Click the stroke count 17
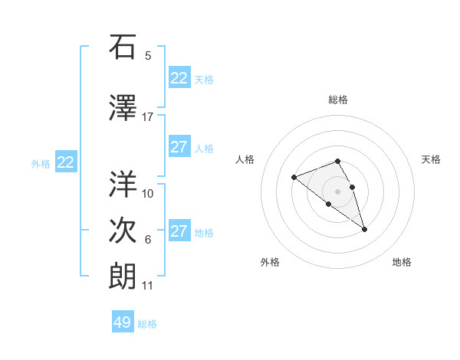tap(148, 117)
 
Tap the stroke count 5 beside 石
tap(148, 56)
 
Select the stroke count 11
tap(148, 286)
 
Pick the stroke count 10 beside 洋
tap(148, 193)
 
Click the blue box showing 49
tap(123, 322)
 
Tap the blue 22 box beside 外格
tap(66, 162)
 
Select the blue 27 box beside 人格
tap(179, 147)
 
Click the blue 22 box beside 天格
tap(179, 78)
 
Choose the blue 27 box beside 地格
tap(179, 231)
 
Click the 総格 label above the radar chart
tap(337, 100)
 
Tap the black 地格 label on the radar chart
tap(402, 262)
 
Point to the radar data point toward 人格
tap(294, 178)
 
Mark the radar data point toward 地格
tap(364, 229)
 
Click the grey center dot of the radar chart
tap(337, 191)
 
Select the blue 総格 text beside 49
tap(147, 324)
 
